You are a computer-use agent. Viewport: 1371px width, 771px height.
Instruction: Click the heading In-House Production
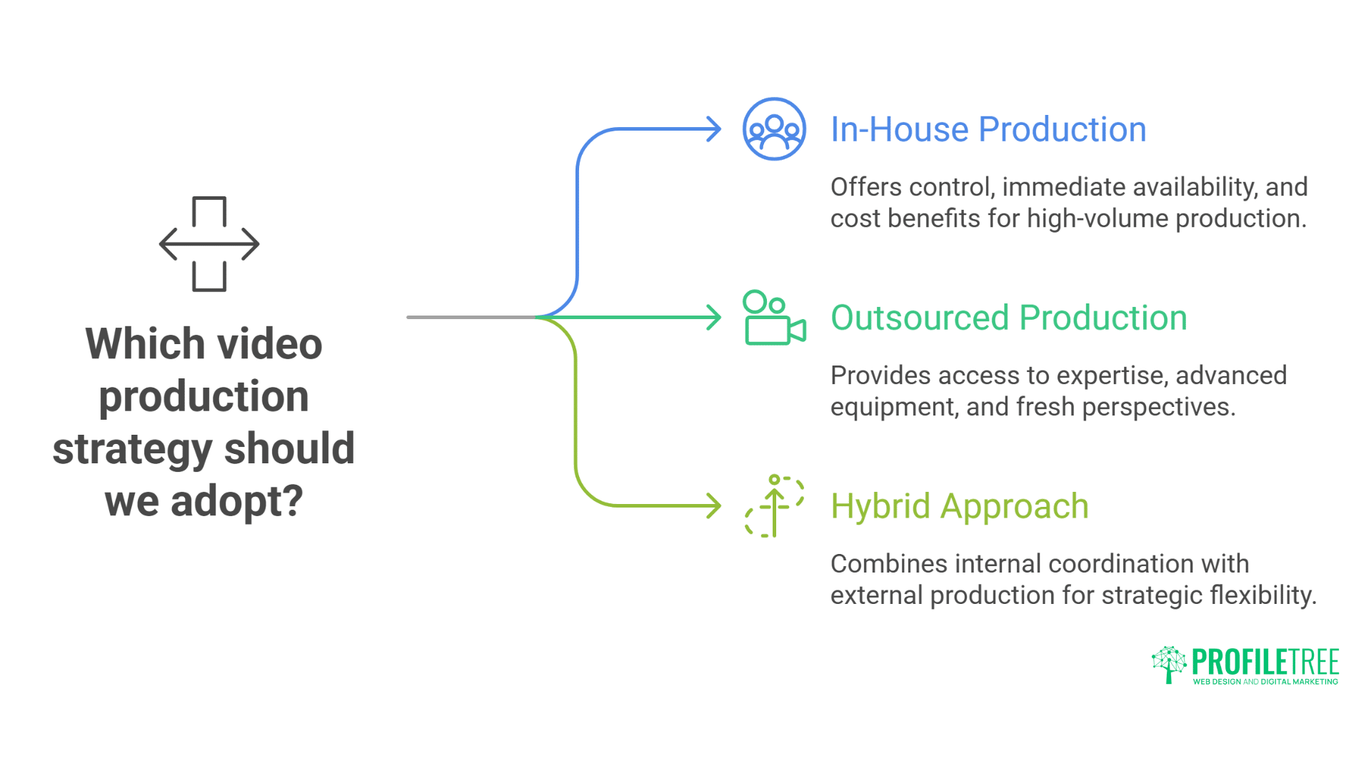(x=988, y=130)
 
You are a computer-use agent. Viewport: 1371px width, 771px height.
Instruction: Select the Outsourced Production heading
(x=1008, y=318)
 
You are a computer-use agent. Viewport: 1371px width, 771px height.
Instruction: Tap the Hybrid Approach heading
(x=959, y=507)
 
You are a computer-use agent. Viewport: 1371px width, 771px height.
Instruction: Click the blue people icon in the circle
(x=774, y=129)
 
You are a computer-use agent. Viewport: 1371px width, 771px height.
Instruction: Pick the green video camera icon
(x=774, y=318)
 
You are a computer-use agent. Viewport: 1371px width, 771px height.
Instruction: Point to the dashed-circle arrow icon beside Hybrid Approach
(x=774, y=506)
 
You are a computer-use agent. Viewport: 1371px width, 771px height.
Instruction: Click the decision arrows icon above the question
(x=209, y=244)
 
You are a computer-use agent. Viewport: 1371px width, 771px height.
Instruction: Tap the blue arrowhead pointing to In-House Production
(x=713, y=129)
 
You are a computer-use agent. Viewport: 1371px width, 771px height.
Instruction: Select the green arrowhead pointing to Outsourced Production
(x=713, y=318)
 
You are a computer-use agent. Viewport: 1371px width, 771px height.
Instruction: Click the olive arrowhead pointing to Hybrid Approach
(x=713, y=506)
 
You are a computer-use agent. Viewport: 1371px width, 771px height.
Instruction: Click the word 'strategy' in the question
(x=133, y=450)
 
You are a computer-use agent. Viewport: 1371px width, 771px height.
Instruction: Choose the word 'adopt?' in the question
(x=237, y=502)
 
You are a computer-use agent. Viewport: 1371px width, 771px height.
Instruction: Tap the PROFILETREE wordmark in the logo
(x=1265, y=662)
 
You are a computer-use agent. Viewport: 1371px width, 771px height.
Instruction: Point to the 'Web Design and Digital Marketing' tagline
(x=1265, y=682)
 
